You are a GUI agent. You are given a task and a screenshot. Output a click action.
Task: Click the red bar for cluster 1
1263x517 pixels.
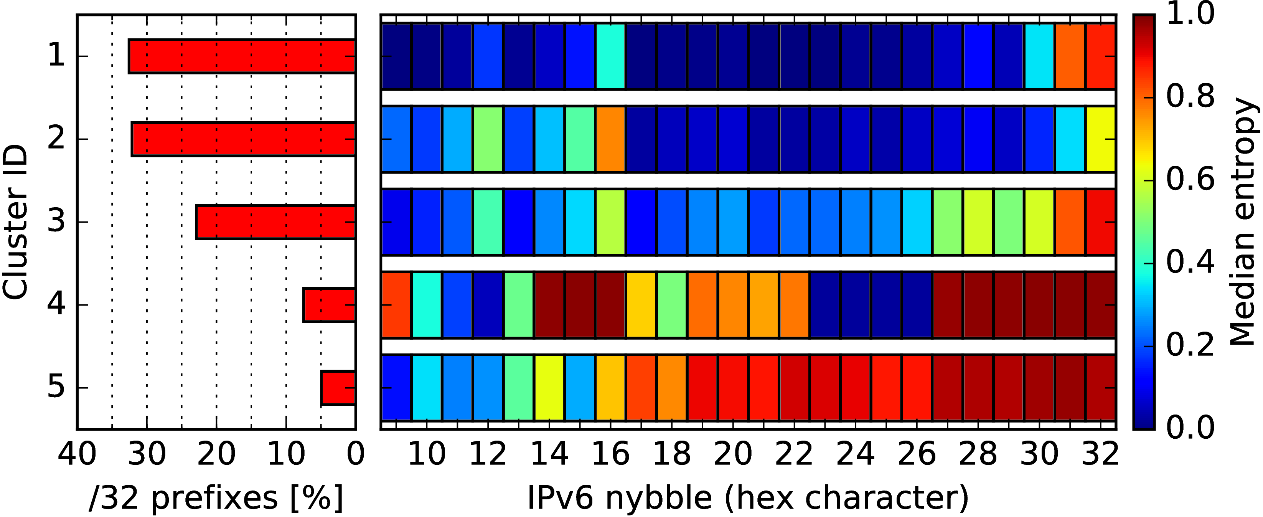pos(242,56)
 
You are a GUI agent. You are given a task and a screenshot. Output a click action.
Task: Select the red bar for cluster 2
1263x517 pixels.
pos(243,139)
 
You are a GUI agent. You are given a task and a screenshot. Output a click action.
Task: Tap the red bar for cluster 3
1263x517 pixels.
pos(275,222)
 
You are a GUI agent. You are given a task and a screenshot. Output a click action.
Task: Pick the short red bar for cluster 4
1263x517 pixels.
pos(329,305)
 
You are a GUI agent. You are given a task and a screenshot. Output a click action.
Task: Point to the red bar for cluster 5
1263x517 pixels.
pos(338,388)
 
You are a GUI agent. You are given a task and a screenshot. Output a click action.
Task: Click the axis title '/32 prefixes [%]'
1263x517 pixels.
pos(216,498)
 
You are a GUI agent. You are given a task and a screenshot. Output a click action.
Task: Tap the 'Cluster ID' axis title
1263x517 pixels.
pos(15,222)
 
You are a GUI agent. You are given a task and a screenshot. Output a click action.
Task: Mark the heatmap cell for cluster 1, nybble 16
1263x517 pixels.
pos(610,56)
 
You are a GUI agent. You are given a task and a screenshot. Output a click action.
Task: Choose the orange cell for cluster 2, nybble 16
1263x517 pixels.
pos(610,139)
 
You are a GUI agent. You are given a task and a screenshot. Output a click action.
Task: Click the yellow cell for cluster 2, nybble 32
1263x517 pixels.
pos(1101,139)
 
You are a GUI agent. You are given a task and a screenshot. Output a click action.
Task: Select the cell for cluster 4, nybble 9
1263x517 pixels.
pos(396,305)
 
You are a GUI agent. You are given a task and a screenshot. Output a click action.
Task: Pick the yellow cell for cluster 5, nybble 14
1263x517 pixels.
pos(549,388)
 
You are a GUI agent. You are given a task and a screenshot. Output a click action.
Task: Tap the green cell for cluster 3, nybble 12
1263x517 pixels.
pos(488,222)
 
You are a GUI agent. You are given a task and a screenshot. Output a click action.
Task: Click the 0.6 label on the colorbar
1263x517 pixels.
pos(1190,180)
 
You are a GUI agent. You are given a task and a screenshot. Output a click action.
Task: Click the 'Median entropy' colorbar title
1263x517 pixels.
pos(1243,222)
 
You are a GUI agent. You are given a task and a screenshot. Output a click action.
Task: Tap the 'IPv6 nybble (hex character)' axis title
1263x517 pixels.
pos(748,498)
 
